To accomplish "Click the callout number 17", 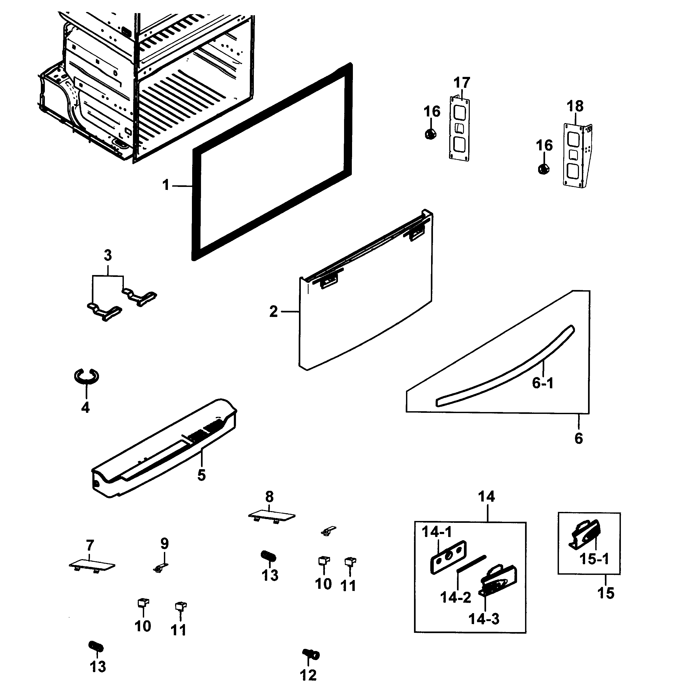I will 462,83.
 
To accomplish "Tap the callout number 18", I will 575,106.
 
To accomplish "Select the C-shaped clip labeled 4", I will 86,376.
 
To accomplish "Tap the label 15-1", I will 594,559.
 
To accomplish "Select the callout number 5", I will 202,475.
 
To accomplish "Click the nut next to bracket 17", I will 431,135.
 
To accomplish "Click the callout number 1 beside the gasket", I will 165,185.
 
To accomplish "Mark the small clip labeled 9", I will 160,567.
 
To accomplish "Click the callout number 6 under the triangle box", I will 579,438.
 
